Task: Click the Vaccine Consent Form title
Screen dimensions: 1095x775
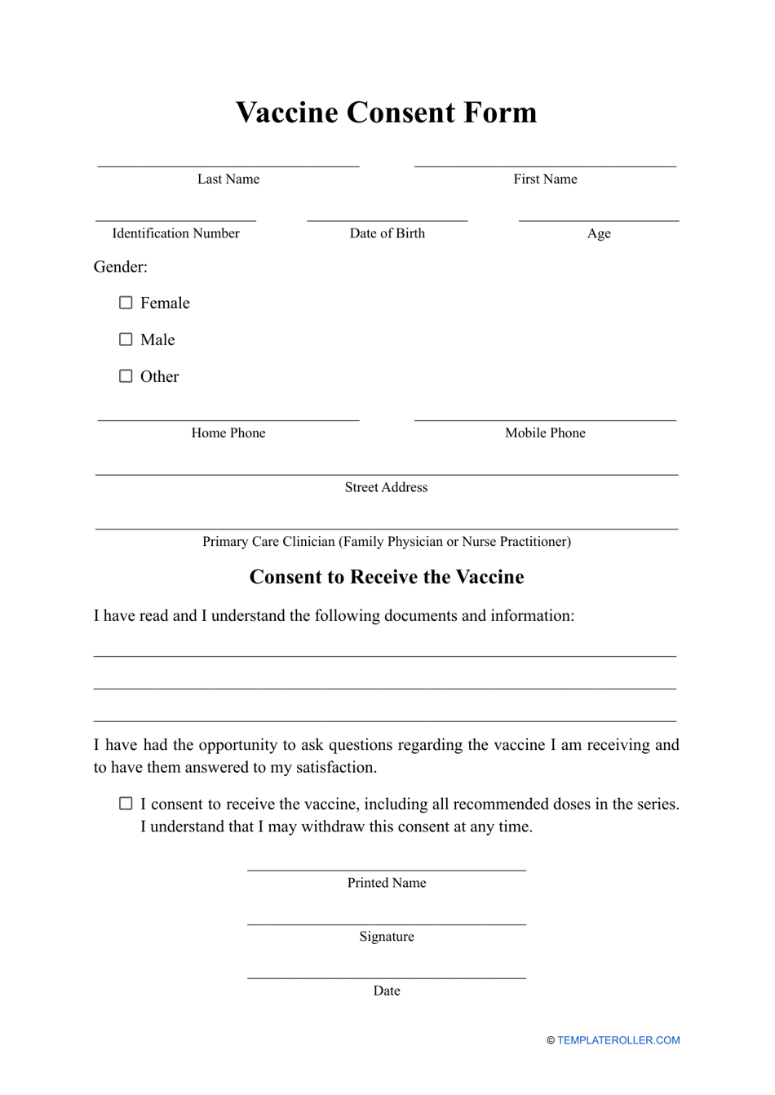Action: [387, 113]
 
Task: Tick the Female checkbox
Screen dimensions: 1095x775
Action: [126, 303]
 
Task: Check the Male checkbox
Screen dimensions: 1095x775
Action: [126, 339]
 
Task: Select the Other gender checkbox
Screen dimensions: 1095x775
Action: [126, 376]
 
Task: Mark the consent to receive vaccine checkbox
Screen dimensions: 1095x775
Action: [126, 804]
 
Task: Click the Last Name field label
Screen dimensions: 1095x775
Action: [228, 180]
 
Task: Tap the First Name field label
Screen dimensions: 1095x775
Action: [545, 180]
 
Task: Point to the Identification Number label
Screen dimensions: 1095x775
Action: [175, 233]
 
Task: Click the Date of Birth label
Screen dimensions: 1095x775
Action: [387, 233]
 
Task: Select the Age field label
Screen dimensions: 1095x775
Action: [599, 233]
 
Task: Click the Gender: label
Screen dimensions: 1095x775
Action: [121, 267]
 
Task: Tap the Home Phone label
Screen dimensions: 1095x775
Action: [228, 433]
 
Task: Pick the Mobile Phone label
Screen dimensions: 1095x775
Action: [545, 433]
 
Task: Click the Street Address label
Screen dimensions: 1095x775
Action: [386, 487]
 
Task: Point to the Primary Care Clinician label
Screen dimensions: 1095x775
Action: [386, 542]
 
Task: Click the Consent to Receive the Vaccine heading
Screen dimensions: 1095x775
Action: [387, 577]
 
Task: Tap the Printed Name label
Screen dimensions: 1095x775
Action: [387, 883]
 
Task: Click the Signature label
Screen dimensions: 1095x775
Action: [387, 937]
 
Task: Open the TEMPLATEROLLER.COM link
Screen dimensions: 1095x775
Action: [618, 1040]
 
